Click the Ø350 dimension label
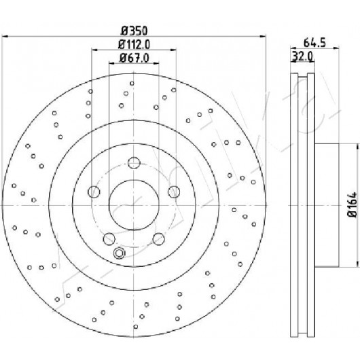tap(134, 31)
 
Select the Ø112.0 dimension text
tap(134, 44)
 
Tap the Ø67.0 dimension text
tap(134, 58)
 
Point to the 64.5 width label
tap(314, 43)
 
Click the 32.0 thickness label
tap(302, 56)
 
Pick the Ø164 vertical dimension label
tap(353, 204)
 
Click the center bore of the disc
tap(134, 205)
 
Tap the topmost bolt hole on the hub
tap(134, 163)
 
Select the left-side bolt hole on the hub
tap(94, 192)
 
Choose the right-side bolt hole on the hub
tap(174, 192)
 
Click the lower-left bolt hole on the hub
tap(109, 239)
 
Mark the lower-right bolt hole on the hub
tap(159, 239)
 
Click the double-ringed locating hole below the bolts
tap(119, 253)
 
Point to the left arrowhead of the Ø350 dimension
tap(5, 36)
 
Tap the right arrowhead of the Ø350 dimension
tap(262, 36)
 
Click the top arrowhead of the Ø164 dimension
tap(357, 147)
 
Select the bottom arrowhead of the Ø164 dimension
tap(357, 264)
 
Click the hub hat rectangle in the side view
tap(327, 205)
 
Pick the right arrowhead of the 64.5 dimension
tap(336, 48)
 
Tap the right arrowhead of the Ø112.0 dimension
tap(173, 50)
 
